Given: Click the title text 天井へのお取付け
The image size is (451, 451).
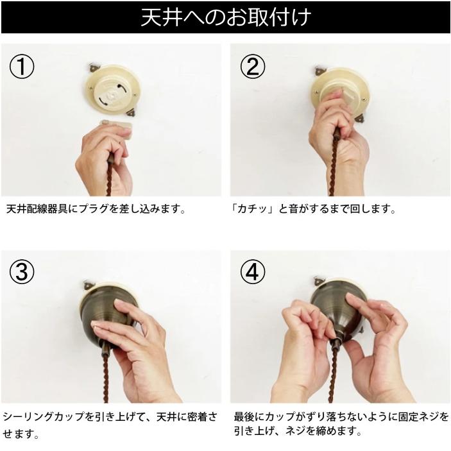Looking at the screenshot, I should (x=225, y=17).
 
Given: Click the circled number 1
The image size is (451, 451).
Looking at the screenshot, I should (x=22, y=66).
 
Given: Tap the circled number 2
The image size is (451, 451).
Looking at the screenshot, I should (x=252, y=66).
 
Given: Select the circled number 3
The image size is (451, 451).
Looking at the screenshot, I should (x=22, y=273).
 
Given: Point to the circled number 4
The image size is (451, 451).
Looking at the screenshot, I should (x=252, y=273).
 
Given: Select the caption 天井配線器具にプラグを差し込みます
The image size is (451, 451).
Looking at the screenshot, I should (x=96, y=209).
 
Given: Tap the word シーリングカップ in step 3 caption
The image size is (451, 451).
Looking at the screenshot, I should (x=44, y=417).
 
